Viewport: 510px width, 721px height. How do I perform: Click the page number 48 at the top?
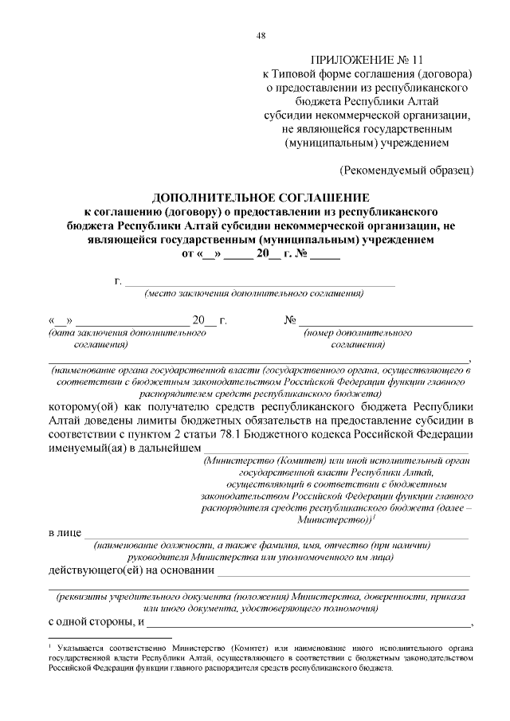pyautogui.click(x=261, y=35)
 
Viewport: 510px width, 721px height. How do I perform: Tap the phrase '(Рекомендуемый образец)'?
pyautogui.click(x=407, y=170)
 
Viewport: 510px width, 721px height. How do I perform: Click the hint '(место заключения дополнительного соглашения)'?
pyautogui.click(x=254, y=294)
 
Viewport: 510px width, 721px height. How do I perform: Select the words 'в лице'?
pyautogui.click(x=64, y=532)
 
